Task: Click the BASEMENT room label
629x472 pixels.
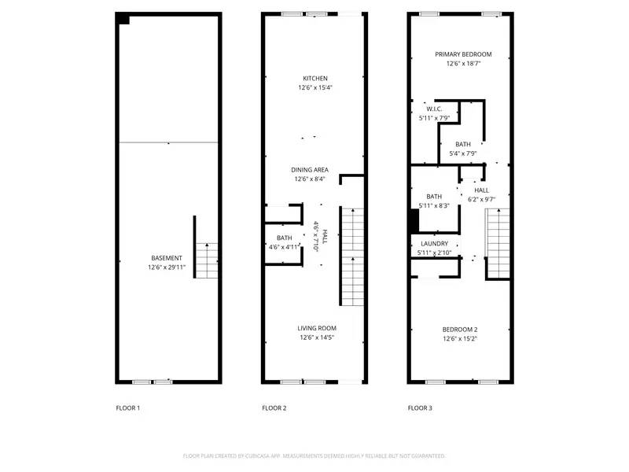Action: [x=167, y=258]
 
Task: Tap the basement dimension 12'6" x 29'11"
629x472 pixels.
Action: [x=167, y=267]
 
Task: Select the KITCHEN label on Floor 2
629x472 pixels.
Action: [x=315, y=78]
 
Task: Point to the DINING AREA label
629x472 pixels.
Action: [x=310, y=169]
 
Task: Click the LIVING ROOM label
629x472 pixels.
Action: [x=317, y=328]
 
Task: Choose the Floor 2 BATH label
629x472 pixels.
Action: [x=284, y=238]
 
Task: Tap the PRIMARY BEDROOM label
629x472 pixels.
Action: [x=464, y=54]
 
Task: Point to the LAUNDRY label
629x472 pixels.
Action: [x=434, y=244]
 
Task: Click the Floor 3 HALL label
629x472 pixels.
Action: [x=481, y=190]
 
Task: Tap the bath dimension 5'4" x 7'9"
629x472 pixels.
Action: [x=463, y=153]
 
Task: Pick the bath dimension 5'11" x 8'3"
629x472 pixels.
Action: [x=434, y=206]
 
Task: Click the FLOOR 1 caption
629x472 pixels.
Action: [x=127, y=408]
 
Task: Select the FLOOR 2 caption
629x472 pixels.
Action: [x=274, y=408]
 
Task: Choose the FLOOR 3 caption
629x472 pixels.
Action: [x=420, y=408]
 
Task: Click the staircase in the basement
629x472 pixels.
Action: [x=206, y=260]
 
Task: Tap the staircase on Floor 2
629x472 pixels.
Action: [x=351, y=256]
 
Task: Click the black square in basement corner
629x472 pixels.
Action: [x=123, y=20]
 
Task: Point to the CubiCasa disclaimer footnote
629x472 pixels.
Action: [x=314, y=455]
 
